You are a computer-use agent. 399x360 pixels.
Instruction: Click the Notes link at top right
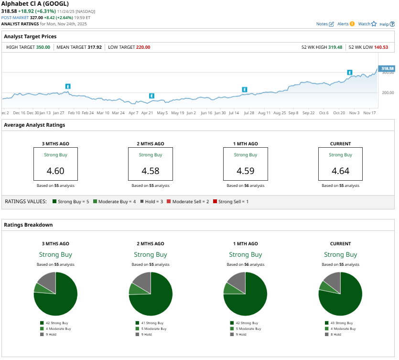point(325,24)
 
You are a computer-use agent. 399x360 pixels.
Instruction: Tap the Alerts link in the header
point(345,24)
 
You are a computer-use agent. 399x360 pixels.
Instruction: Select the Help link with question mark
point(387,24)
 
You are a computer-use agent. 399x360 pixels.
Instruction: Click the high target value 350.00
point(43,47)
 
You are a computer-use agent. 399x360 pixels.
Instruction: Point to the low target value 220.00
point(143,47)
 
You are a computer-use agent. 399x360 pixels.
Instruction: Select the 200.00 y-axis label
point(388,93)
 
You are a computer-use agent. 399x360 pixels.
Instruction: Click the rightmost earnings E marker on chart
point(350,72)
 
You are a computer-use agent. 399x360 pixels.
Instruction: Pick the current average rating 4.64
point(340,171)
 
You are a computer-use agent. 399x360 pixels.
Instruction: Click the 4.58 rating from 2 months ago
point(151,171)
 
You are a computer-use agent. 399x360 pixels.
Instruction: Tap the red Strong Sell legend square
point(215,202)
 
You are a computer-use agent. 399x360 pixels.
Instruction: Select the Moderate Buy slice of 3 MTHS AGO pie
point(38,287)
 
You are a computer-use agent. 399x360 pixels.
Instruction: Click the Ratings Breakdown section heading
point(28,225)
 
